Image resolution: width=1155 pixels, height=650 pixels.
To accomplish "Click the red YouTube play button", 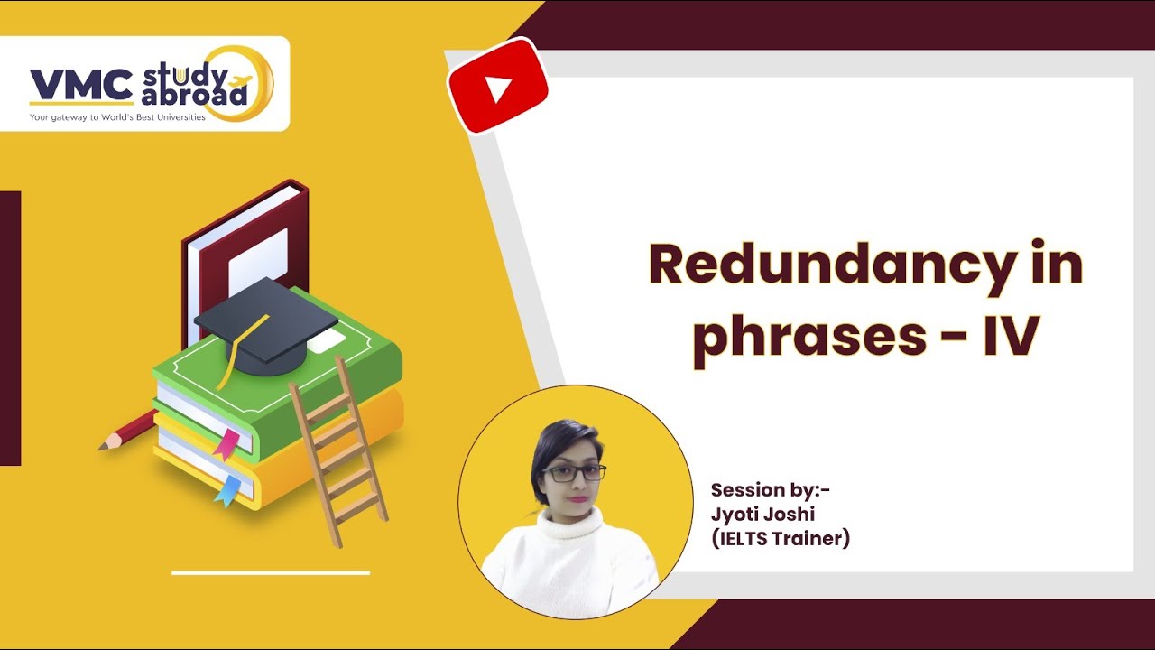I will tap(497, 88).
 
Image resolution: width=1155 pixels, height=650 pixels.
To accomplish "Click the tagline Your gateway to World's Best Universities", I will tap(117, 117).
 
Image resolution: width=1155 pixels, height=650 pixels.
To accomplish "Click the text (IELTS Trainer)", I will tap(781, 539).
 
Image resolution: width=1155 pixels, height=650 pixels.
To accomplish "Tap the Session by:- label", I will tap(770, 490).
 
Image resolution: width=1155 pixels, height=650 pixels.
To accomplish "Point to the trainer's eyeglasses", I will tap(573, 473).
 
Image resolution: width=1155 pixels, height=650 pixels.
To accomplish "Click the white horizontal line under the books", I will tap(271, 572).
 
